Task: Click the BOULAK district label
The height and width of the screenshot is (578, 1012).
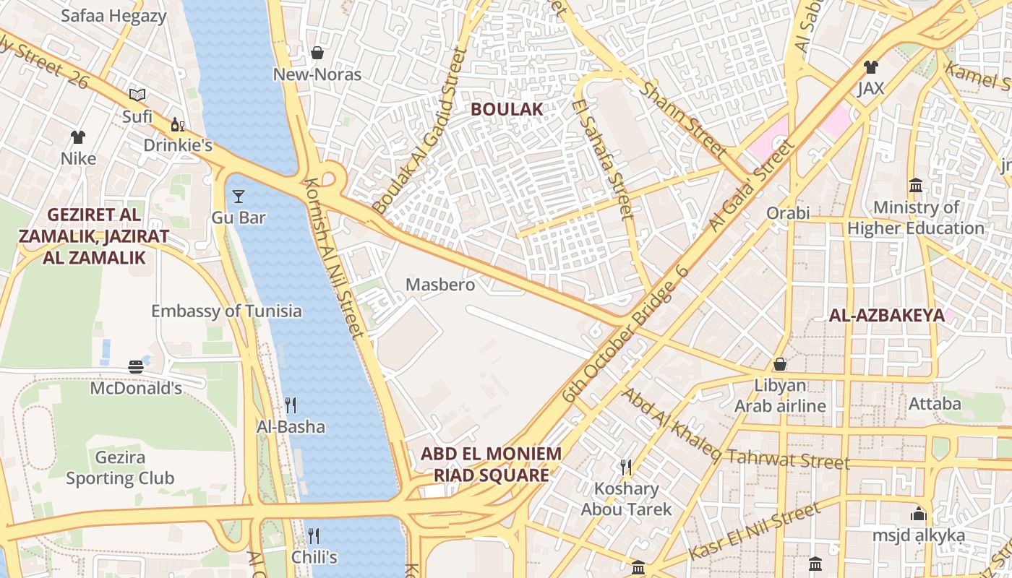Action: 506,109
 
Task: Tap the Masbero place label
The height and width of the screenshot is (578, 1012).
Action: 440,285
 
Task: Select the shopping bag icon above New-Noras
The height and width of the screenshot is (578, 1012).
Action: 317,53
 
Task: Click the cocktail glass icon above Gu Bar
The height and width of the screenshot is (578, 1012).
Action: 239,196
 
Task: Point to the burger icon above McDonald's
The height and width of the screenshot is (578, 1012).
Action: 136,367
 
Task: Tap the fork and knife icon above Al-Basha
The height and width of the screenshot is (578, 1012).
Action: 291,405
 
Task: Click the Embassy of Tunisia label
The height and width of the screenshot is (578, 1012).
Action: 226,311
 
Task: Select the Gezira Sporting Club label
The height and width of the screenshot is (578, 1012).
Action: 120,467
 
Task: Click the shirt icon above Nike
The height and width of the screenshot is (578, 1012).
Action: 78,137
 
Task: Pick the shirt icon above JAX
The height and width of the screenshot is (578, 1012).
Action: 870,67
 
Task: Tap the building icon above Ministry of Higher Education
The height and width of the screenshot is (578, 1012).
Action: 916,186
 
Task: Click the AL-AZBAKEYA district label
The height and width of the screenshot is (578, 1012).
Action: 886,315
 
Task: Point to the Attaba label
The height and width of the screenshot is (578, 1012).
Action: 935,403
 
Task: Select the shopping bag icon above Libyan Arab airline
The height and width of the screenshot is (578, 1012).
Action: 780,363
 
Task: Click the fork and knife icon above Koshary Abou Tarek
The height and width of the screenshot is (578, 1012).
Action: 626,467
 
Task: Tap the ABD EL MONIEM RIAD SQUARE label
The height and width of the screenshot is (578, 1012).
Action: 491,465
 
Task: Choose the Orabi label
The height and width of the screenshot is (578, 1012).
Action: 788,213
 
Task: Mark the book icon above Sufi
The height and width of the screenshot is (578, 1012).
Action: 137,95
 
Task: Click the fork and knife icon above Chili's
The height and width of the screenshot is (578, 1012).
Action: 314,535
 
